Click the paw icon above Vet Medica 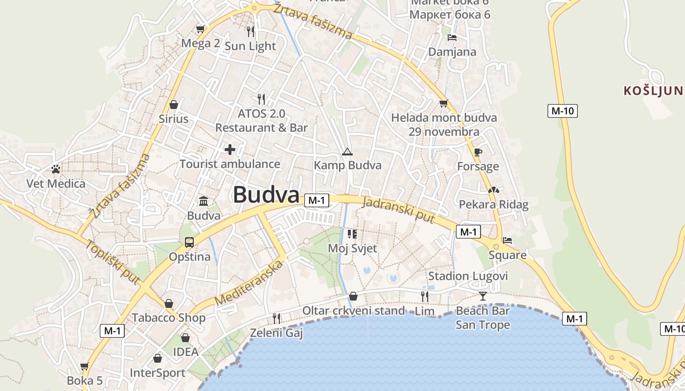click(x=56, y=170)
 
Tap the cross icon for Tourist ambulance click(x=229, y=150)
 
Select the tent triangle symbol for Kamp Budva click(x=347, y=152)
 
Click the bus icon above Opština click(x=189, y=242)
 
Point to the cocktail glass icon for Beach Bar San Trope click(x=483, y=296)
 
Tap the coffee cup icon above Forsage click(x=478, y=152)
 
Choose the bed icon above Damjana click(x=452, y=38)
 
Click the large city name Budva click(x=266, y=195)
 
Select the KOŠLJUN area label click(x=653, y=90)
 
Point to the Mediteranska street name click(x=249, y=283)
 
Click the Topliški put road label click(x=113, y=262)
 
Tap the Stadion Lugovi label click(x=468, y=276)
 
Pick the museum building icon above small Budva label click(x=204, y=201)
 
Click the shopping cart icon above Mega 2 click(x=200, y=29)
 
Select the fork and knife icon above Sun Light click(x=251, y=32)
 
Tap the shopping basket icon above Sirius click(x=173, y=105)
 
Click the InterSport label click(x=157, y=373)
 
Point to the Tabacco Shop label click(x=168, y=318)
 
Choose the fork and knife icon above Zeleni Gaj click(x=276, y=319)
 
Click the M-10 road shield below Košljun click(x=562, y=111)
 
